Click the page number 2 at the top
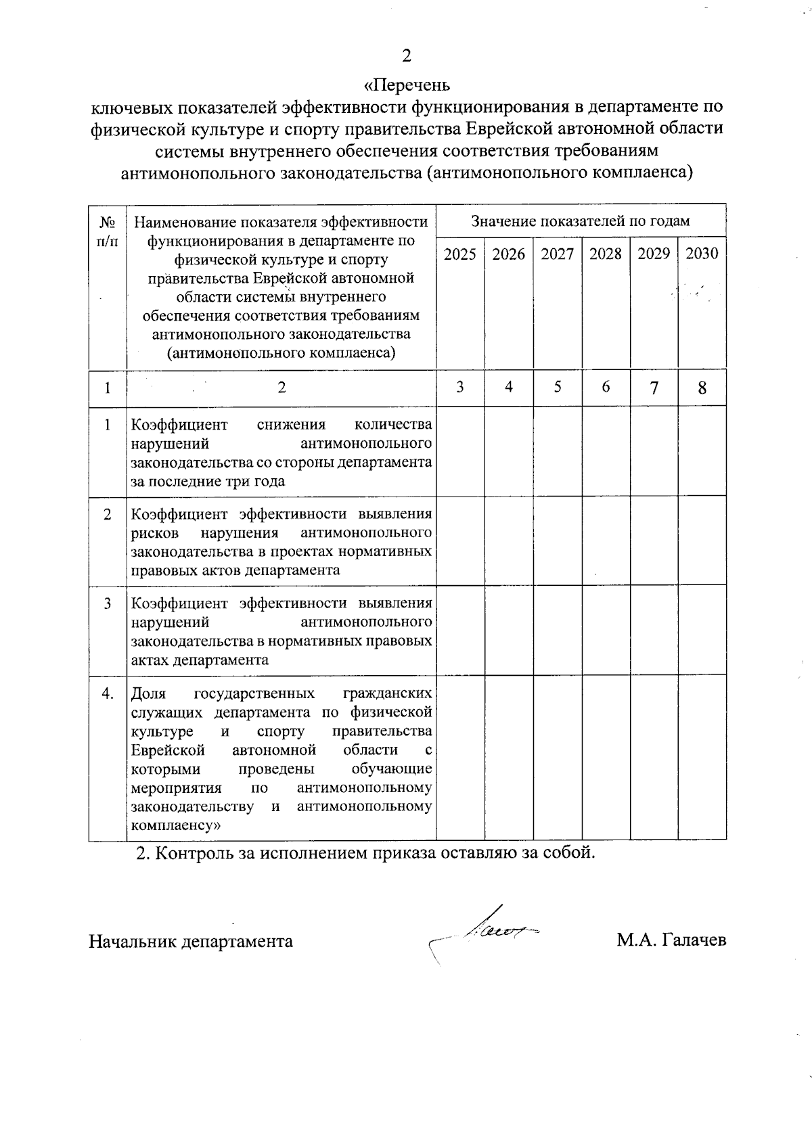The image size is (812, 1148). pyautogui.click(x=407, y=56)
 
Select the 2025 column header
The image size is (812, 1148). pyautogui.click(x=460, y=254)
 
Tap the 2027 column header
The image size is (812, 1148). pyautogui.click(x=557, y=254)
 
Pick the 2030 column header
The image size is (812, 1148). pyautogui.click(x=702, y=254)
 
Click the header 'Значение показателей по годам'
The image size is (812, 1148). pyautogui.click(x=581, y=221)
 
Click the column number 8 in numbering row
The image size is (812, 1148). pyautogui.click(x=702, y=388)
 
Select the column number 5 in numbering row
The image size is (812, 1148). pyautogui.click(x=558, y=387)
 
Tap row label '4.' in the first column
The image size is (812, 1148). pyautogui.click(x=107, y=693)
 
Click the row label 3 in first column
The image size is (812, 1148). pyautogui.click(x=107, y=603)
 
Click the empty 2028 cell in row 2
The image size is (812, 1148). pyautogui.click(x=606, y=542)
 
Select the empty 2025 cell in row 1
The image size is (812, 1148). pyautogui.click(x=460, y=451)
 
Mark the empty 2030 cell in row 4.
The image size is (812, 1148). pyautogui.click(x=702, y=758)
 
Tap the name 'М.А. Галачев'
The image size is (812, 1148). pyautogui.click(x=671, y=941)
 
